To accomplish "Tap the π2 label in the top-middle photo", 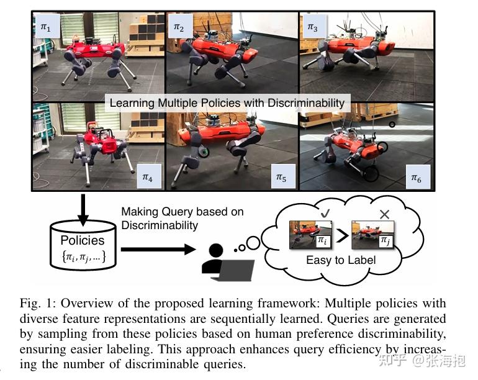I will coord(179,28).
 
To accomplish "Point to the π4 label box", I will coord(147,178).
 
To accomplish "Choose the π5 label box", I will coord(281,178).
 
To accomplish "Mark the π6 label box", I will coord(416,178).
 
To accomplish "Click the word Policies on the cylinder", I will coord(83,240).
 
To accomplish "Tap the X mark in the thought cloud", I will coord(384,214).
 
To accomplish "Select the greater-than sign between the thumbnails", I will coord(342,237).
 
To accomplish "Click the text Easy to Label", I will coord(341,260).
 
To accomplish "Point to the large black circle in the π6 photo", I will coord(371,173).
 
